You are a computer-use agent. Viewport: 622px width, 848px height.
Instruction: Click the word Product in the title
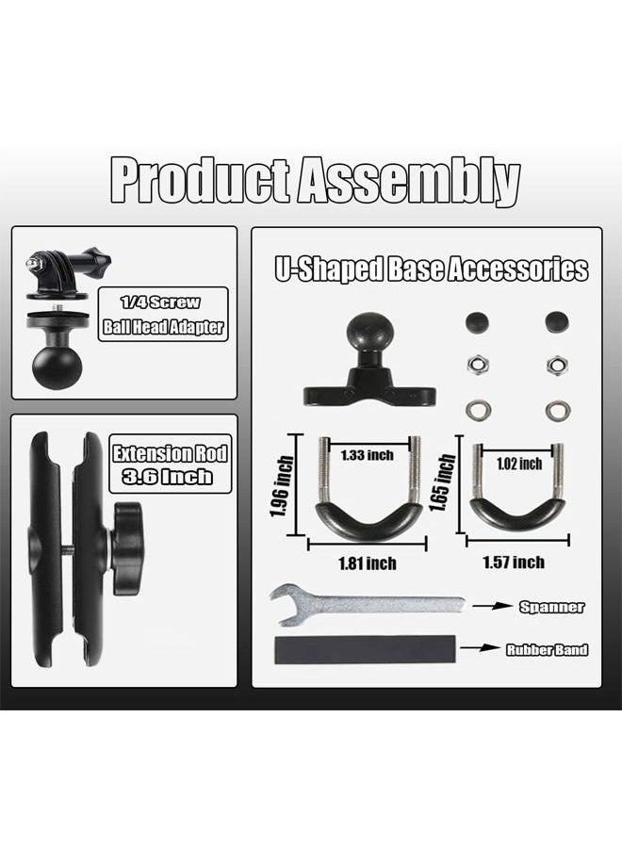(201, 181)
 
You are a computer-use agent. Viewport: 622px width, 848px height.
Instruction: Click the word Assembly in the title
(408, 181)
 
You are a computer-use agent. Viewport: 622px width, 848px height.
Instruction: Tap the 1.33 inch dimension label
(367, 455)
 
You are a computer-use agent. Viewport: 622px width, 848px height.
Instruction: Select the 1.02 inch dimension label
(519, 464)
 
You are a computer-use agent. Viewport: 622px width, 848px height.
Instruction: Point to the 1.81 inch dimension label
(368, 563)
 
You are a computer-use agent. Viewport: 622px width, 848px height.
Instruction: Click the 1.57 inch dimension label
(514, 563)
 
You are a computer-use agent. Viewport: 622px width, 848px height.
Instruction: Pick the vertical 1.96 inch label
(282, 486)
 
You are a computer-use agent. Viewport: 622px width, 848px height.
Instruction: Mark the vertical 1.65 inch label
(442, 482)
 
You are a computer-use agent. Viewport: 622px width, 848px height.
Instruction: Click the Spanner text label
(551, 607)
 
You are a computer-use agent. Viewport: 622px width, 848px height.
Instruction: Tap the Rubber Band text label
(547, 649)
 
